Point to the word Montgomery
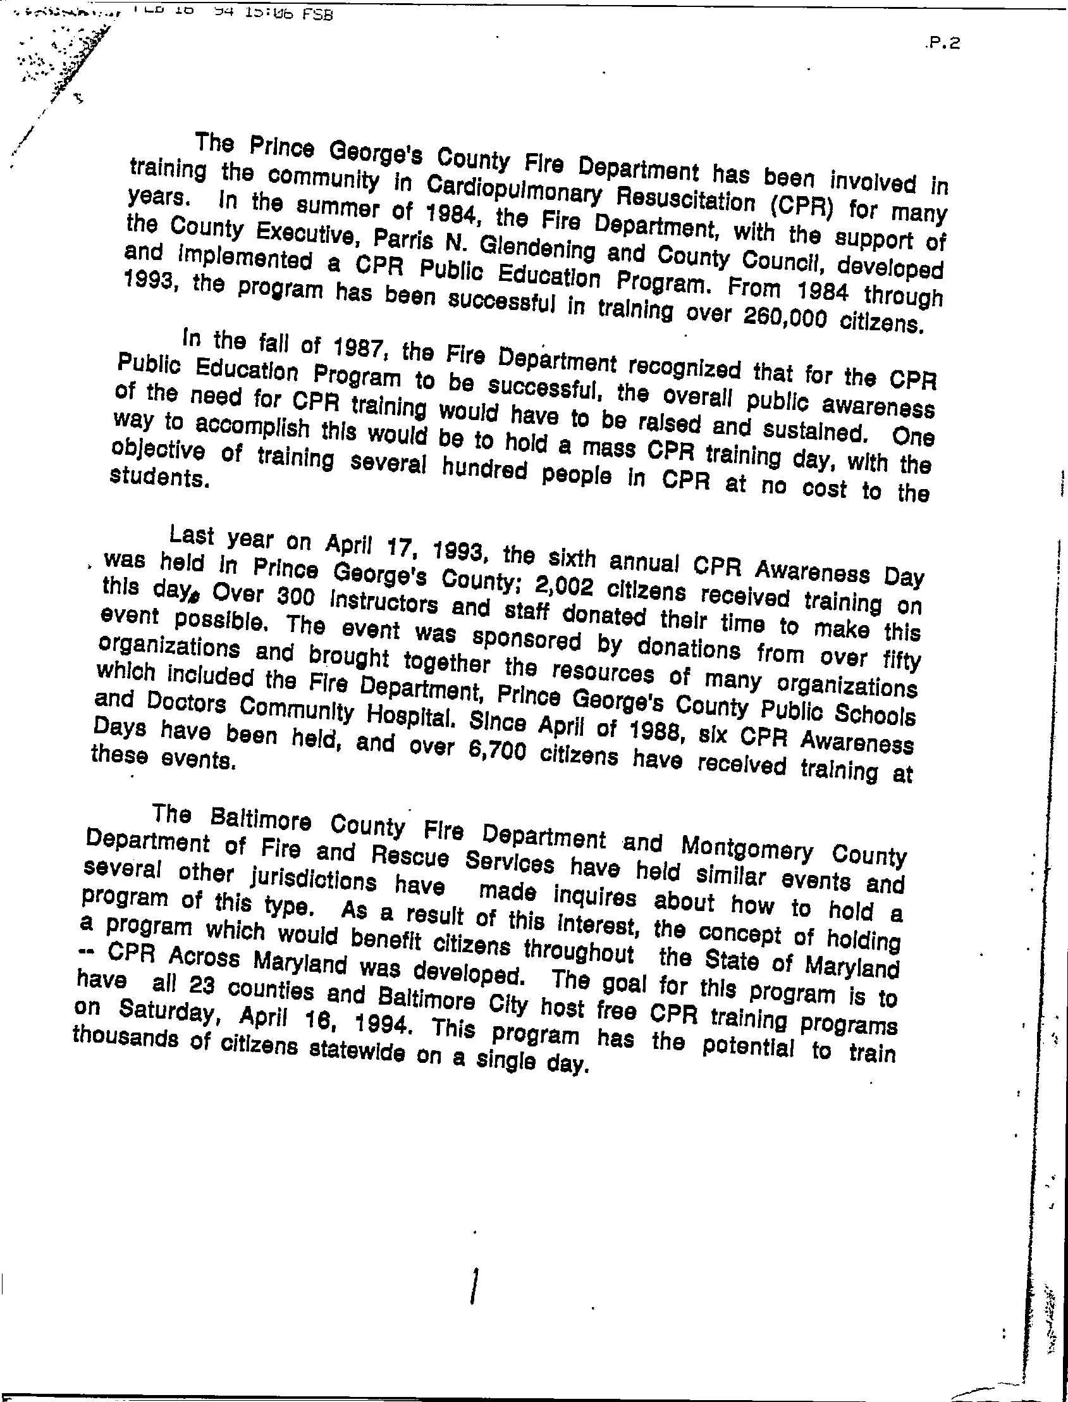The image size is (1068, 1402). [x=746, y=847]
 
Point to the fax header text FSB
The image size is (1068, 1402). [x=317, y=14]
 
